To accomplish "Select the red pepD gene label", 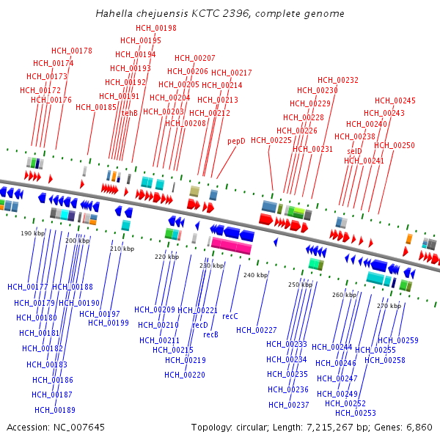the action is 236,141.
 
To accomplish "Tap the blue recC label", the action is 230,316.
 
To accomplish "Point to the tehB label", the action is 130,113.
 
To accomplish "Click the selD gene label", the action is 354,150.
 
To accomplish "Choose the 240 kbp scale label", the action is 256,275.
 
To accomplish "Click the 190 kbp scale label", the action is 32,233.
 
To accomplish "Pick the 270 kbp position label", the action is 389,305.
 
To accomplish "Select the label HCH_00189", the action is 55,410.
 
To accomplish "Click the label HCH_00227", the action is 257,330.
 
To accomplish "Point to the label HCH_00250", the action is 395,145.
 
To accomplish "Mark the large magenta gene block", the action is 232,246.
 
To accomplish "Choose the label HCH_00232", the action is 338,80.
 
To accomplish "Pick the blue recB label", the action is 211,334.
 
